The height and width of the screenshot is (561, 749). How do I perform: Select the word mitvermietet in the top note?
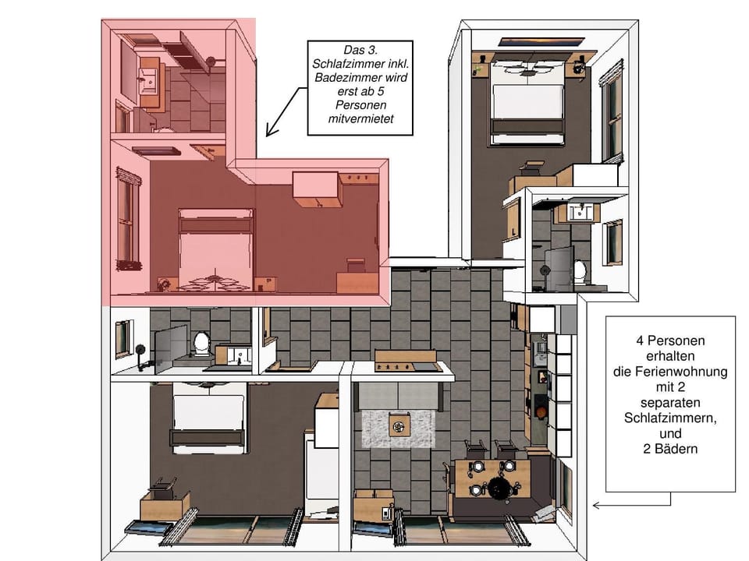pyautogui.click(x=359, y=119)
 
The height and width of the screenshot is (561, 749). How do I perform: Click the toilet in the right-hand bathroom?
pyautogui.click(x=580, y=270)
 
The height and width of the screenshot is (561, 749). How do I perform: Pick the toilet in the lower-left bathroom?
pyautogui.click(x=202, y=343)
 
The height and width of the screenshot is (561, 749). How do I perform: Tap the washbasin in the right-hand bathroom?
pyautogui.click(x=579, y=212)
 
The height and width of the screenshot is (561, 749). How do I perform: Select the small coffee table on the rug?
pyautogui.click(x=399, y=425)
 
